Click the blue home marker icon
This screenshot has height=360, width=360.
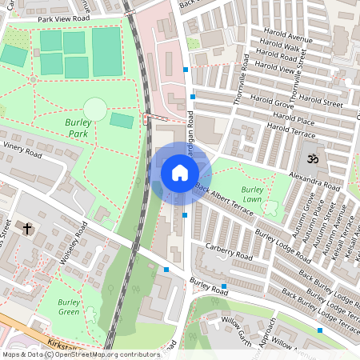click(x=180, y=173)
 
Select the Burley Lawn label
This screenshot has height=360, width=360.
click(x=252, y=194)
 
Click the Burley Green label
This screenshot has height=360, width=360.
click(x=69, y=306)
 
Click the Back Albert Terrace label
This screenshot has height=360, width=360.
click(x=224, y=202)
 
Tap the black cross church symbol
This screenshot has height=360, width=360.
click(x=28, y=229)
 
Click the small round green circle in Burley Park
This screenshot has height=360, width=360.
click(x=95, y=109)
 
